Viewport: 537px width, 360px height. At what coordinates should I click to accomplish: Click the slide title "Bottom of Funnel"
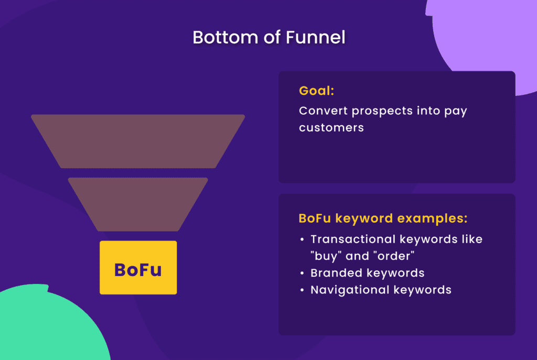[x=268, y=37]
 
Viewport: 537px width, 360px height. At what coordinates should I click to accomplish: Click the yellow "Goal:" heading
[x=316, y=91]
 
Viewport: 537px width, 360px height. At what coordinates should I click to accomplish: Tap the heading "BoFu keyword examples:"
[x=383, y=218]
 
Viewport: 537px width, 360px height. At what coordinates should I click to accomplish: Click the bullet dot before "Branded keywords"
[x=302, y=274]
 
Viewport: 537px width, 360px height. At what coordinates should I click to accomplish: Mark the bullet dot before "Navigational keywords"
[x=302, y=290]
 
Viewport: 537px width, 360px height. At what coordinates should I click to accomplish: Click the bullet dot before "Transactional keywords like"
[x=302, y=240]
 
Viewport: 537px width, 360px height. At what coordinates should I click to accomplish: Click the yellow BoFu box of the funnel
[x=138, y=268]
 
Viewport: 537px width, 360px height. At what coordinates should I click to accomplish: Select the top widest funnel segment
[x=138, y=141]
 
